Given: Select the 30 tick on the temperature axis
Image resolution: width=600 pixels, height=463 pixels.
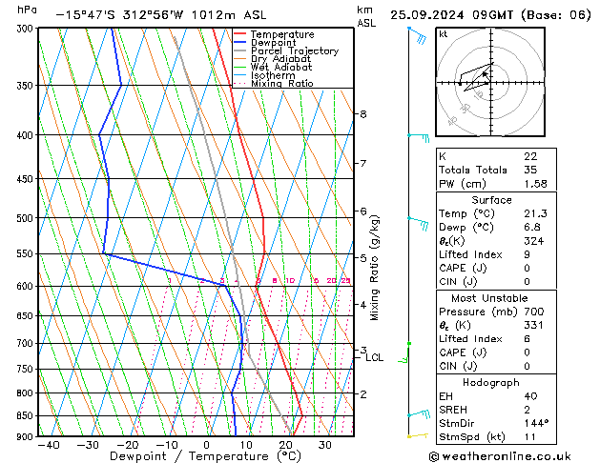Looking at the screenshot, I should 325,444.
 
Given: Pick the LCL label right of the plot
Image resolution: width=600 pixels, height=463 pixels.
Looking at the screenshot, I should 375,358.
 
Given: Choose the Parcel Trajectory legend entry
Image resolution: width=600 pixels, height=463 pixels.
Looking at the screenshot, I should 294,51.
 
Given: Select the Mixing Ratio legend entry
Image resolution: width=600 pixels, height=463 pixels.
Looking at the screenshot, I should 281,84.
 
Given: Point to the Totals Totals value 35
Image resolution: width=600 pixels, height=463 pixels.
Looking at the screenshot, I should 530,171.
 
